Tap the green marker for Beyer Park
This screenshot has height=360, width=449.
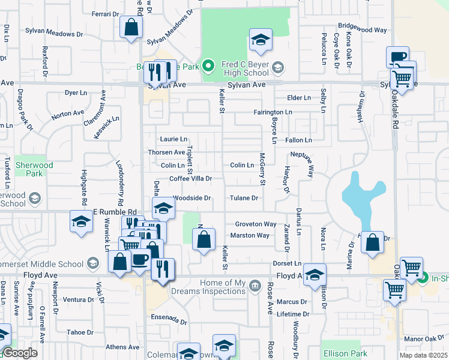tap(208, 65)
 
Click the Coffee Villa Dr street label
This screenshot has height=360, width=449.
tap(190, 179)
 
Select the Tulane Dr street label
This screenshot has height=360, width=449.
tap(244, 198)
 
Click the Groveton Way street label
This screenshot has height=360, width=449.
tap(255, 224)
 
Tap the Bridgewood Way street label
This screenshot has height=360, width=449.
tap(362, 28)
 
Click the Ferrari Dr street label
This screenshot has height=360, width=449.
tap(106, 14)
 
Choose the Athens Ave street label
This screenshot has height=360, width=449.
tap(122, 347)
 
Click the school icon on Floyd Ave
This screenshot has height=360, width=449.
tap(315, 275)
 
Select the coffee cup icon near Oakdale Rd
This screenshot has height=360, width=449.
tap(397, 58)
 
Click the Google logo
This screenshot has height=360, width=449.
tap(19, 353)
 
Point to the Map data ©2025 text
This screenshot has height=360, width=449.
tap(423, 355)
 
